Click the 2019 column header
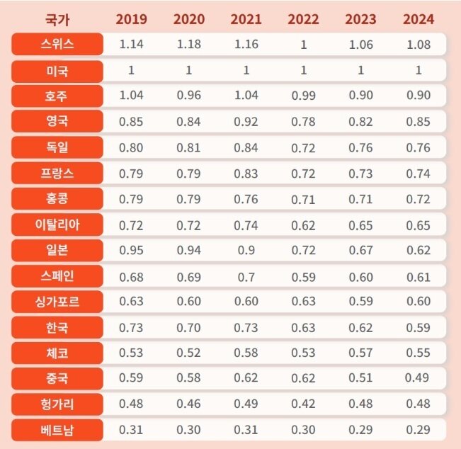pyautogui.click(x=131, y=19)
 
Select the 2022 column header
pyautogui.click(x=303, y=19)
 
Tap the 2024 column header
pyautogui.click(x=418, y=19)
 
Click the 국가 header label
pyautogui.click(x=57, y=19)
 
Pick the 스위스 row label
pyautogui.click(x=57, y=45)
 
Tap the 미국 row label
pyautogui.click(x=57, y=70)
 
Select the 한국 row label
pyautogui.click(x=57, y=327)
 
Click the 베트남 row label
pyautogui.click(x=57, y=430)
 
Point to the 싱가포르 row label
pyautogui.click(x=57, y=302)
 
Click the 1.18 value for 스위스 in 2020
pyautogui.click(x=188, y=45)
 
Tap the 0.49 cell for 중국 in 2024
pyautogui.click(x=418, y=378)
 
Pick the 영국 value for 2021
pyautogui.click(x=246, y=122)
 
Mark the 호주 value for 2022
pyautogui.click(x=303, y=96)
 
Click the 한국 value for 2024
pyautogui.click(x=418, y=327)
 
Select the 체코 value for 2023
pyautogui.click(x=360, y=353)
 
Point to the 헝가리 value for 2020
pyautogui.click(x=188, y=404)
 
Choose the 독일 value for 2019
pyautogui.click(x=131, y=147)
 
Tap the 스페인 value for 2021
pyautogui.click(x=246, y=276)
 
